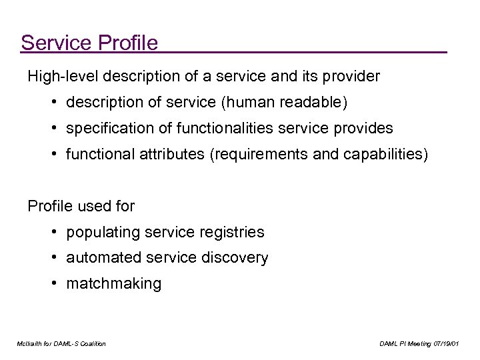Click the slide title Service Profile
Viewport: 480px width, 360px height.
89,43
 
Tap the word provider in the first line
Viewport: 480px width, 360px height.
352,76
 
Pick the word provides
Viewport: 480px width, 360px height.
364,127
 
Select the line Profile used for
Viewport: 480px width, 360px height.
81,206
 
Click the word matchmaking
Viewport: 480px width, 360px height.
113,284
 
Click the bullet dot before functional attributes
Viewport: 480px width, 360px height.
52,153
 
